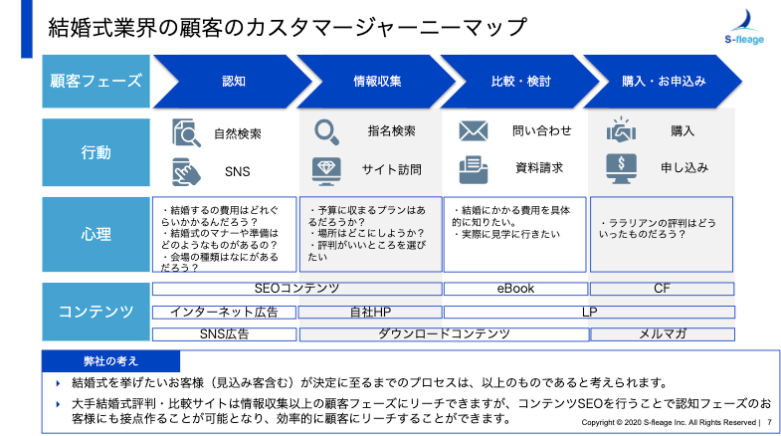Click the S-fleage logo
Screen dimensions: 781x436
coord(744,28)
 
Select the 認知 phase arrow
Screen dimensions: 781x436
coord(233,82)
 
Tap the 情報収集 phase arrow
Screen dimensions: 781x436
coord(376,82)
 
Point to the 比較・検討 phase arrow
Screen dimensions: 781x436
coord(520,82)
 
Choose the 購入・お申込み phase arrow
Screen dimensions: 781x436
coord(663,82)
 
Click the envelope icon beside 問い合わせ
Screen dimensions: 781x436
coord(474,131)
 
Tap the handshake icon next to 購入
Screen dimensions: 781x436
coord(621,130)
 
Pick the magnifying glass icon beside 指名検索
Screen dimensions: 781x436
coord(326,132)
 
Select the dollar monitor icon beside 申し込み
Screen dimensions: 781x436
coord(621,169)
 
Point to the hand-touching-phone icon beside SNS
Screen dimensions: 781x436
coord(186,172)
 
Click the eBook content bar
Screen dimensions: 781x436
coord(515,289)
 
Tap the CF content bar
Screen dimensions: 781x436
coord(662,289)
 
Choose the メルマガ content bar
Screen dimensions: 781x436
coord(663,333)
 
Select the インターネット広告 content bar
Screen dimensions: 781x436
coord(224,312)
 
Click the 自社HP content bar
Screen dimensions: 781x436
coord(370,312)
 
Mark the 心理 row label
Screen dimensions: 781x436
coord(96,234)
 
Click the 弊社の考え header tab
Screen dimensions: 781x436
coord(110,361)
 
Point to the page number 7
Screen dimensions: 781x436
coord(769,422)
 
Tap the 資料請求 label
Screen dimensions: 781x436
coord(539,168)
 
